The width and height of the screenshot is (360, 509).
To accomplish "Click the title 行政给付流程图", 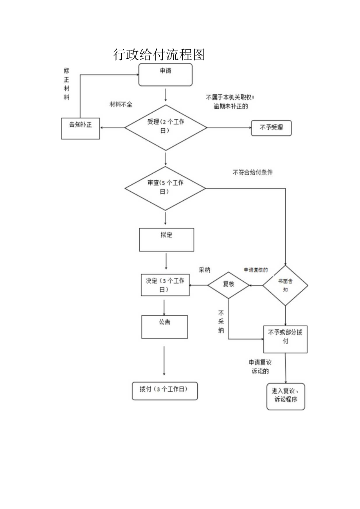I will [159, 54].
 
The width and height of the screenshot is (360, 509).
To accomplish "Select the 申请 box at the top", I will [166, 75].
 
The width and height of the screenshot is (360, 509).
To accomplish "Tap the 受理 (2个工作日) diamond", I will [166, 127].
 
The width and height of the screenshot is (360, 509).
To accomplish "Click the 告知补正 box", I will [81, 128].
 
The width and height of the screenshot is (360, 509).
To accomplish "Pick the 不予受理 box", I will [271, 128].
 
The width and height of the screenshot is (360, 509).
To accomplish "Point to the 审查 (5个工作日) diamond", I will [166, 188].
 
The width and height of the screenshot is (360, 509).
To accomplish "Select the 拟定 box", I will [166, 239].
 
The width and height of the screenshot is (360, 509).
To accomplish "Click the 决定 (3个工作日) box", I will [165, 285].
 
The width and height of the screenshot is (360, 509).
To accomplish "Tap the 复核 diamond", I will [229, 285].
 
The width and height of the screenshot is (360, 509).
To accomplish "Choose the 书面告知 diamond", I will [285, 285].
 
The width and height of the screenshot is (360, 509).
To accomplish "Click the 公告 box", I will [164, 327].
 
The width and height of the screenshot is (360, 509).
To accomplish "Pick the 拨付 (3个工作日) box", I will [165, 390].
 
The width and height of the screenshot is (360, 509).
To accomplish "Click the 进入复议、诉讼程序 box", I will [286, 396].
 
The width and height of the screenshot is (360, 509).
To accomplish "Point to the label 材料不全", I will [121, 104].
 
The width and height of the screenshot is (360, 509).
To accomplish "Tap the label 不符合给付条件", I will [253, 172].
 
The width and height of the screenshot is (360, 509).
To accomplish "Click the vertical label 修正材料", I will [67, 84].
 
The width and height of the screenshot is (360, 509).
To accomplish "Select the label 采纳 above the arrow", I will [205, 270].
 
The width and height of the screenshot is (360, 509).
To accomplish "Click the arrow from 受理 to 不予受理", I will [229, 128].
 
